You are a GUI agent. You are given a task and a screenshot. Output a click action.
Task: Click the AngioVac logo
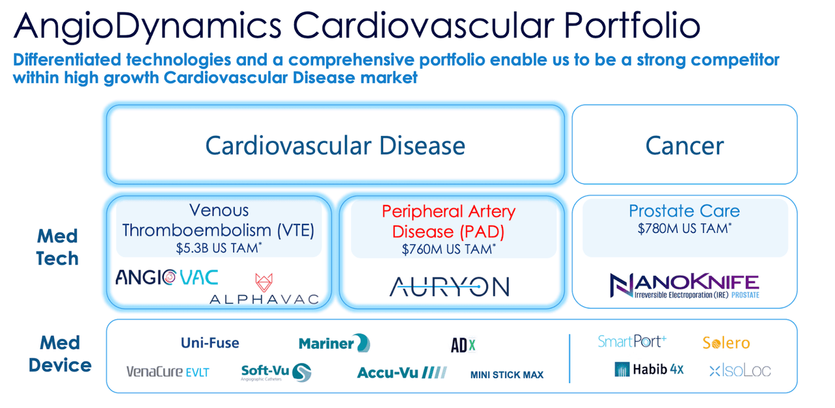coord(167,277)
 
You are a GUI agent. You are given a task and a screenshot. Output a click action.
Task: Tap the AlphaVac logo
coord(264,291)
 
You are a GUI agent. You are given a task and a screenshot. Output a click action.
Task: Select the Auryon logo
coord(449,287)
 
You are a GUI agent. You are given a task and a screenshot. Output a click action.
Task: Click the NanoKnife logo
coord(684,286)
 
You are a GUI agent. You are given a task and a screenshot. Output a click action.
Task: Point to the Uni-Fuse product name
coord(209,343)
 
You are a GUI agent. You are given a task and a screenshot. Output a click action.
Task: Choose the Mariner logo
coord(334,343)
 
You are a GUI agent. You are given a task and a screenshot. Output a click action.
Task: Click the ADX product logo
coord(463,345)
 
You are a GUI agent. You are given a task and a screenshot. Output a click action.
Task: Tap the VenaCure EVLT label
coord(168,371)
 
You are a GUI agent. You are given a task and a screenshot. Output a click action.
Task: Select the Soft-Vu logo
coord(275,372)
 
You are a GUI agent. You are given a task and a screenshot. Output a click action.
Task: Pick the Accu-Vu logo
coord(401,372)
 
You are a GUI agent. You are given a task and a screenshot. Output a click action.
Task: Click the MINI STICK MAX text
coord(507,375)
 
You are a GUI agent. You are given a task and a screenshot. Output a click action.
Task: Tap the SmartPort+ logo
coord(632,341)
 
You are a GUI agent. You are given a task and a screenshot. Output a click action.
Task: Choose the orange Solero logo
coord(726,343)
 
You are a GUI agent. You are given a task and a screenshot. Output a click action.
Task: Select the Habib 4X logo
coord(649,369)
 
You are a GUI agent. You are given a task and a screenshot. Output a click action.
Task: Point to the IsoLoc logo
coord(740,371)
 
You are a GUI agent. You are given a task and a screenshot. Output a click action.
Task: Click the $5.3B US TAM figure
coord(219,248)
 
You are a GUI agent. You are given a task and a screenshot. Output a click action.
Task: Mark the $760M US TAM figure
coord(449,249)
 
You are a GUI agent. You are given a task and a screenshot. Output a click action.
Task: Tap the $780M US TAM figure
coord(684,228)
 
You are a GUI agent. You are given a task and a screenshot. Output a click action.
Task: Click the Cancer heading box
coord(684,145)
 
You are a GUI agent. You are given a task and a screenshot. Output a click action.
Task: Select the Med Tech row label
coord(57,247)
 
